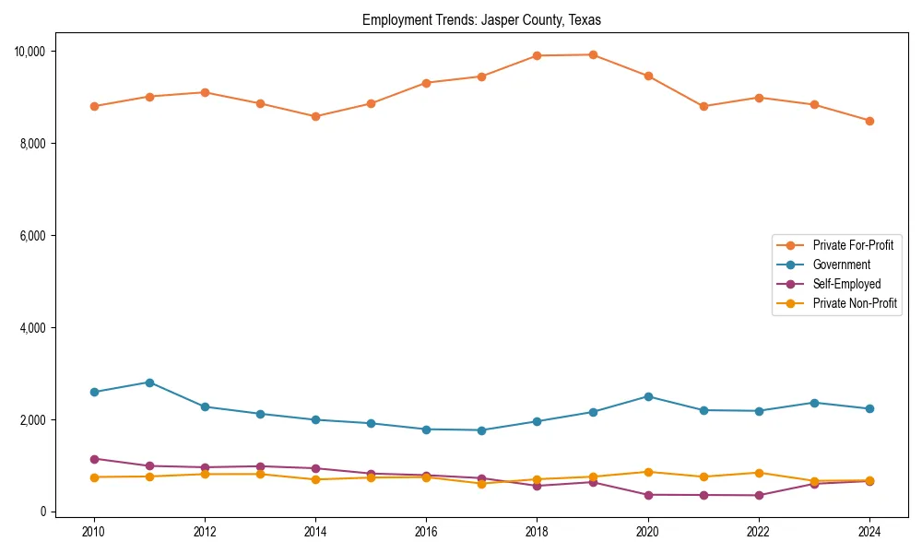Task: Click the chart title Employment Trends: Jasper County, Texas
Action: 481,19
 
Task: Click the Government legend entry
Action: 841,265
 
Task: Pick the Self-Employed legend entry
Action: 846,284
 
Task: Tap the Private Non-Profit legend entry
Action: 855,303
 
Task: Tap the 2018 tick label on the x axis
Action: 537,532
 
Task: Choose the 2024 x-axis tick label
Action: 869,532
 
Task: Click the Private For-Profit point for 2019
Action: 592,54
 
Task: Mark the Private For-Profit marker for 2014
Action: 315,116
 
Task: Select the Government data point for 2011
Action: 149,382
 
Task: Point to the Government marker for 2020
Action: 647,396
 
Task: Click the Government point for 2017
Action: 481,430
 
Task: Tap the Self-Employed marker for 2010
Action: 94,459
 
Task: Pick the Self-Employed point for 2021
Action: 703,495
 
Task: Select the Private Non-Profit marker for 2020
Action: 647,472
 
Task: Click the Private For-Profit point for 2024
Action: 869,121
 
